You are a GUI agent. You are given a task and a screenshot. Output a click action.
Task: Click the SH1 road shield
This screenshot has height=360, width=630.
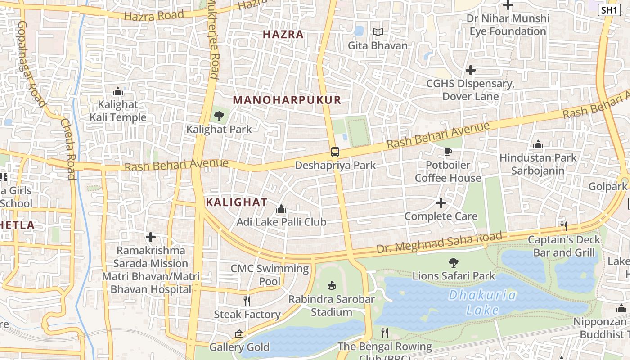click(x=609, y=10)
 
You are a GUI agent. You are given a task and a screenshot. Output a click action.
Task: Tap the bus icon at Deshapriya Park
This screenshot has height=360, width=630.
click(x=335, y=152)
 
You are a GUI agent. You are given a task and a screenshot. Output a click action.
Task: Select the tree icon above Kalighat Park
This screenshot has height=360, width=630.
click(x=219, y=116)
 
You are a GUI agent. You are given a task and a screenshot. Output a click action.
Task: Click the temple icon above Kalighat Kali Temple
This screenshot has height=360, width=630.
click(x=118, y=92)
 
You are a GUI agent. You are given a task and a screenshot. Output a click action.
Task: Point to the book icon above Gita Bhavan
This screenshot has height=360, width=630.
click(x=378, y=32)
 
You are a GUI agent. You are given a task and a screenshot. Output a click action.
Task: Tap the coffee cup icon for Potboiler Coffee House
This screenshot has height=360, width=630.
click(x=448, y=152)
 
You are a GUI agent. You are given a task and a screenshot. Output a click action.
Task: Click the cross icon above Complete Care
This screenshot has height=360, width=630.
click(x=441, y=203)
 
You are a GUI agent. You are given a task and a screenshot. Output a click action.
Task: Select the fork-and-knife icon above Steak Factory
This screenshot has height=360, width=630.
click(x=247, y=301)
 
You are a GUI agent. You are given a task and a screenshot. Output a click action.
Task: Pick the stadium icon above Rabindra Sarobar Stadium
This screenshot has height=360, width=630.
click(x=332, y=285)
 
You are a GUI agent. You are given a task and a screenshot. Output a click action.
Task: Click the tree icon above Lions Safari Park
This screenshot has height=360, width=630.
click(x=454, y=262)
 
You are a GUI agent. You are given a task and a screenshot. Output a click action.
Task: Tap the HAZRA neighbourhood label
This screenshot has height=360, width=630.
click(x=283, y=35)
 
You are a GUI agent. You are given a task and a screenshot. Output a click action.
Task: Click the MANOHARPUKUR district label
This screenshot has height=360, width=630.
click(x=287, y=100)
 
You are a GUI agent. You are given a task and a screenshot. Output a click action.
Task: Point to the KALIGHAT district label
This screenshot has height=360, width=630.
click(x=237, y=202)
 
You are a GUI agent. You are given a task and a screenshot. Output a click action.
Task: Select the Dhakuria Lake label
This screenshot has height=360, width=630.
click(x=482, y=302)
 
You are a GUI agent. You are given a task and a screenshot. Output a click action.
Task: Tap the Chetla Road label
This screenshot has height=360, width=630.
click(x=68, y=149)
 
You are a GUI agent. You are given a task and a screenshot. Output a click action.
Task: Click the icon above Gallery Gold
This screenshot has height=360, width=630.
click(x=239, y=334)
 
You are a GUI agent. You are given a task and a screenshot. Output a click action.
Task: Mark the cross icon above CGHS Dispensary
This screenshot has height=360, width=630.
click(x=471, y=70)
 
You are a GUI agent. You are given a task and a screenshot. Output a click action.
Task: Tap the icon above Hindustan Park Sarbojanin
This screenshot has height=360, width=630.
click(x=538, y=145)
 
